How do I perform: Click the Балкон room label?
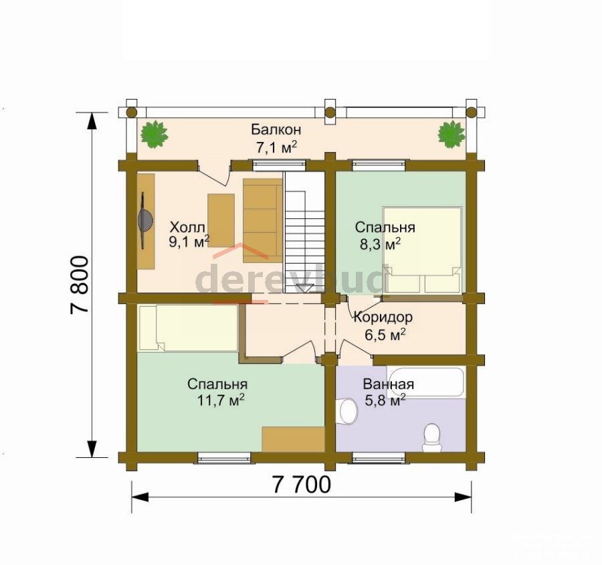pyautogui.click(x=276, y=130)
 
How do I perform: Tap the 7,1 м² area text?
pyautogui.click(x=276, y=147)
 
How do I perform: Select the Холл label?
pyautogui.click(x=187, y=227)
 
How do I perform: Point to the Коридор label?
pyautogui.click(x=383, y=317)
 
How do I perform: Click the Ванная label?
pyautogui.click(x=389, y=384)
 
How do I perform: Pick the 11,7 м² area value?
pyautogui.click(x=221, y=400)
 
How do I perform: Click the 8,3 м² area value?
pyautogui.click(x=381, y=244)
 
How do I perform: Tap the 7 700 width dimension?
pyautogui.click(x=302, y=485)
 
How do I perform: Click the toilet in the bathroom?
pyautogui.click(x=432, y=437)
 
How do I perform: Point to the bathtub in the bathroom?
pyautogui.click(x=425, y=382)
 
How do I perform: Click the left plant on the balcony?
pyautogui.click(x=155, y=134)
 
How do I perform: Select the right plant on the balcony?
pyautogui.click(x=451, y=134)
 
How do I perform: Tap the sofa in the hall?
pyautogui.click(x=263, y=221)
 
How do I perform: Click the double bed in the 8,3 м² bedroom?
pyautogui.click(x=422, y=250)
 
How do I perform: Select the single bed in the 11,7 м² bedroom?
pyautogui.click(x=188, y=328)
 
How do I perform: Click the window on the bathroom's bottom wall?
pyautogui.click(x=379, y=458)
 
